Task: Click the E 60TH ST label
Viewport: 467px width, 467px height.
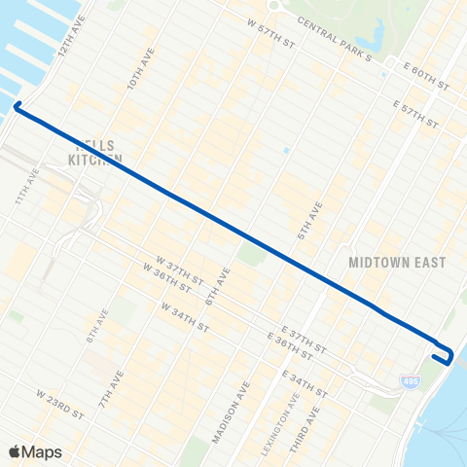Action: pyautogui.click(x=425, y=79)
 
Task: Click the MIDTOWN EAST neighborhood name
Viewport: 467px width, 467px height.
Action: pyautogui.click(x=397, y=263)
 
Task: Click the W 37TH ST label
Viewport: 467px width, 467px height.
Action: pyautogui.click(x=177, y=265)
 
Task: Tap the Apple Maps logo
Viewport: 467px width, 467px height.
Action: pyautogui.click(x=35, y=450)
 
